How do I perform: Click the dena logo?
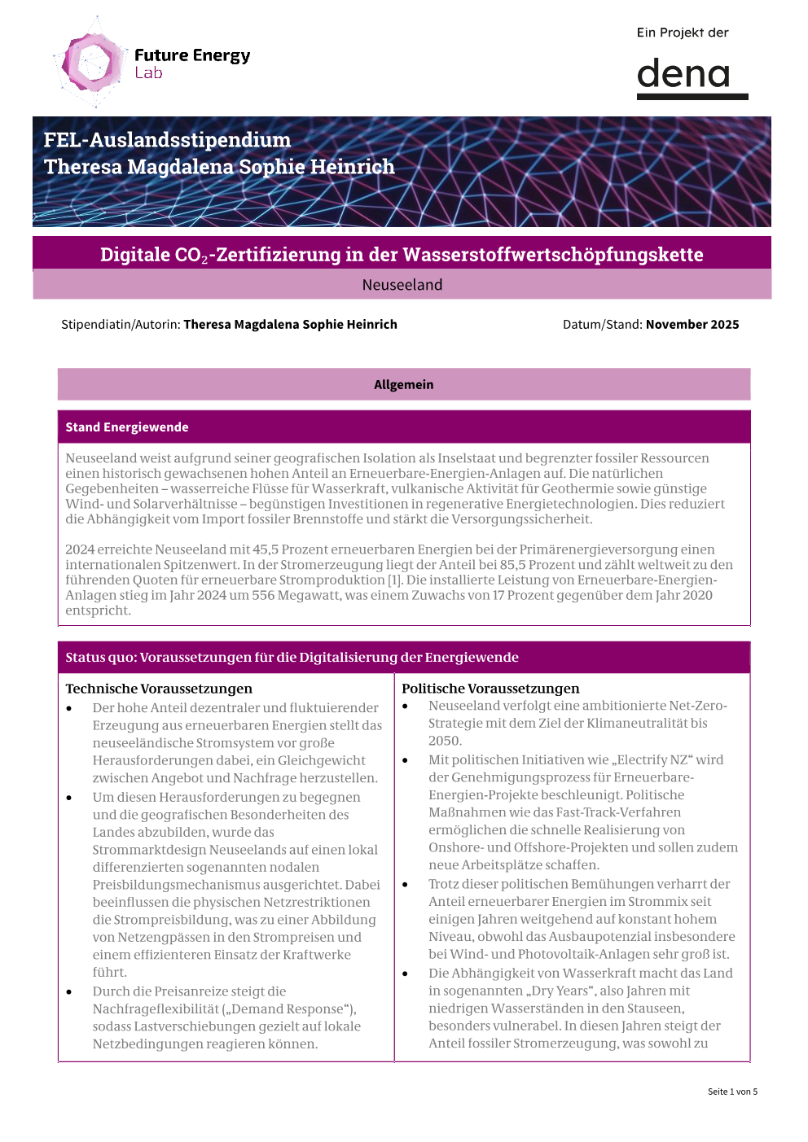692,78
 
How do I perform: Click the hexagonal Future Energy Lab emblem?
92,63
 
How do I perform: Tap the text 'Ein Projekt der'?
683,33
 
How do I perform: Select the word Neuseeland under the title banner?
402,285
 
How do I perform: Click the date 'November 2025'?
692,324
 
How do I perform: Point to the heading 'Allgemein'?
404,385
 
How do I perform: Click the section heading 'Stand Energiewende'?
127,427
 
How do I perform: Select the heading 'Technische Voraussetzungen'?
159,689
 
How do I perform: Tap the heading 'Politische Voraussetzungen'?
490,689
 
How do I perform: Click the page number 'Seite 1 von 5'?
732,1092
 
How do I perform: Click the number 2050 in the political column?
445,741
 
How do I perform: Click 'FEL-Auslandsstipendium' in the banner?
167,140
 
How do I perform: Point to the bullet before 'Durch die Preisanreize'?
70,992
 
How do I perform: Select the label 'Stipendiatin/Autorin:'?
121,324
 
